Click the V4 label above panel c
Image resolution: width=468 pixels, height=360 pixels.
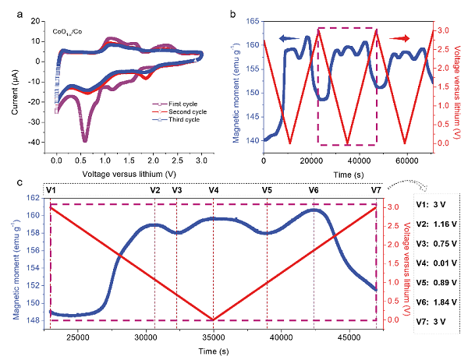pyautogui.click(x=213, y=190)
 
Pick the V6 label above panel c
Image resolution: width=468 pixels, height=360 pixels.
pyautogui.click(x=314, y=190)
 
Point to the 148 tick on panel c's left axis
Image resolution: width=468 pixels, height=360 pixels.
pyautogui.click(x=38, y=319)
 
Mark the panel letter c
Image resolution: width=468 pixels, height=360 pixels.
pyautogui.click(x=7, y=182)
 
